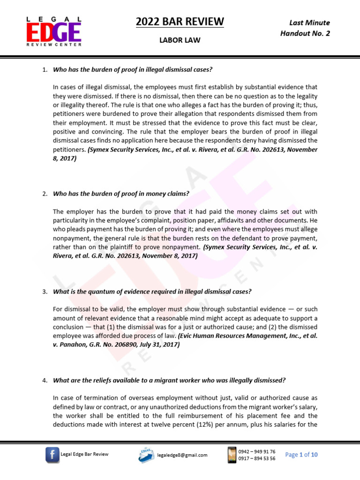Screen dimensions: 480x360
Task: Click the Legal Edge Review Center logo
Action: click(53, 31)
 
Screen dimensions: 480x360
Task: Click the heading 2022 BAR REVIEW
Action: click(180, 22)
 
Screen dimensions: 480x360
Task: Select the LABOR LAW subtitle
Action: click(180, 40)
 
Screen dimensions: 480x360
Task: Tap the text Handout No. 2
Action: click(305, 33)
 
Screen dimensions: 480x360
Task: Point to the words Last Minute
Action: click(309, 22)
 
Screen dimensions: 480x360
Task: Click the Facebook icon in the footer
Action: click(52, 454)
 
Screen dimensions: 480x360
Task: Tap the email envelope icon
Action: click(146, 454)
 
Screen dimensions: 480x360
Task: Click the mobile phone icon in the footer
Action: click(232, 454)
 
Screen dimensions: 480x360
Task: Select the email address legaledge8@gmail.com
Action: click(182, 455)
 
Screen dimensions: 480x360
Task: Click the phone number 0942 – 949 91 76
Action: click(256, 451)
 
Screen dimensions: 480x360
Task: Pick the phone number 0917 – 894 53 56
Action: click(256, 458)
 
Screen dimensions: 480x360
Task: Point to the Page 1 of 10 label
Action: click(301, 455)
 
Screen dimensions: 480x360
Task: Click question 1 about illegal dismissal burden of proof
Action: click(133, 70)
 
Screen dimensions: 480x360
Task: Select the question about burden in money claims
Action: click(121, 194)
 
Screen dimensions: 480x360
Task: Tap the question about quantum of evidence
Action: click(152, 292)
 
